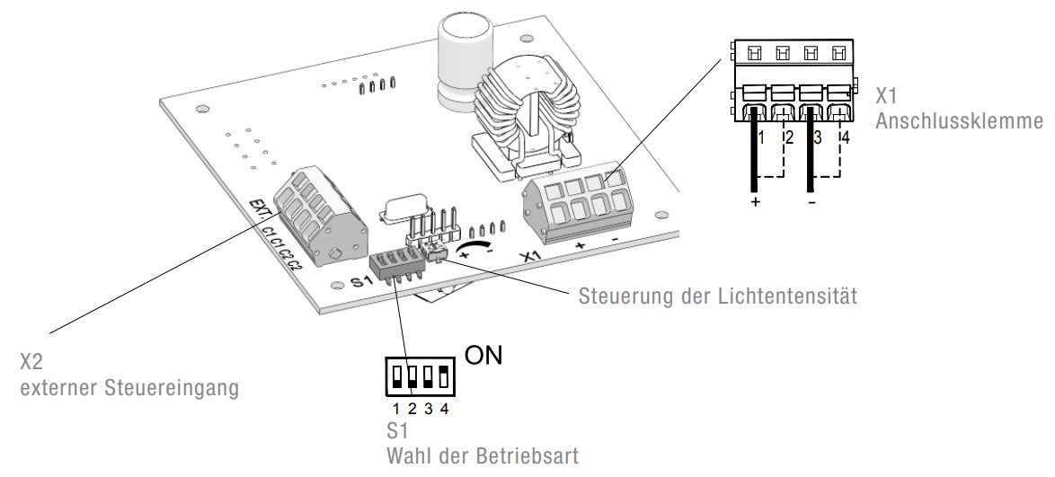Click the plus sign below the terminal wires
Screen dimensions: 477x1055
click(x=755, y=203)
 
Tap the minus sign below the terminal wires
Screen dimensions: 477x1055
click(x=812, y=203)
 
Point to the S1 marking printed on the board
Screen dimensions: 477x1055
click(x=361, y=282)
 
